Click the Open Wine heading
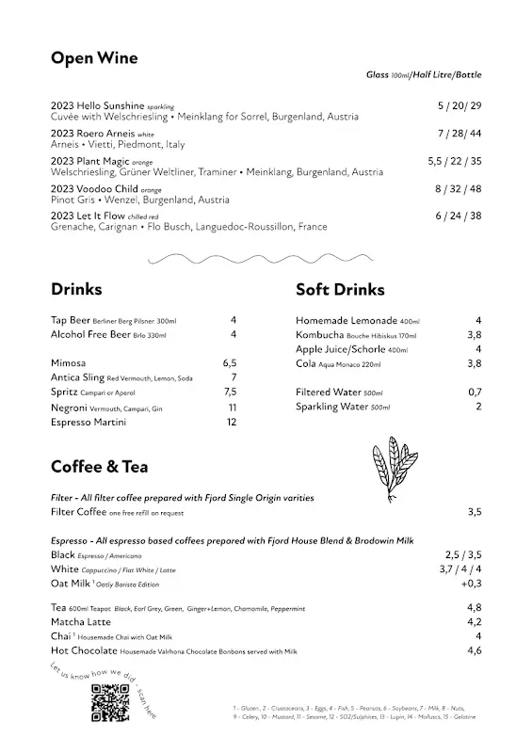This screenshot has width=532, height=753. point(94,58)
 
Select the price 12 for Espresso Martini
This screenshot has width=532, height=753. point(231,423)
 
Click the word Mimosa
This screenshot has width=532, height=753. point(70,362)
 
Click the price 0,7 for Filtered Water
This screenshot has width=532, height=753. point(475,392)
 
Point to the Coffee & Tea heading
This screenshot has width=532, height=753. point(99,466)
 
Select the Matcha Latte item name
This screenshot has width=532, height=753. point(81,622)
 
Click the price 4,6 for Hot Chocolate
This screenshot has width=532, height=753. point(474,650)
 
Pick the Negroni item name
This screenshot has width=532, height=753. point(72,408)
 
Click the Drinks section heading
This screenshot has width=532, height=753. point(76,289)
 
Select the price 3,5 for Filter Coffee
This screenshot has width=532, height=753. point(474,512)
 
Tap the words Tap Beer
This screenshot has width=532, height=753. point(71,320)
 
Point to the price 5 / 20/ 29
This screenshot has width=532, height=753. point(459,105)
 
